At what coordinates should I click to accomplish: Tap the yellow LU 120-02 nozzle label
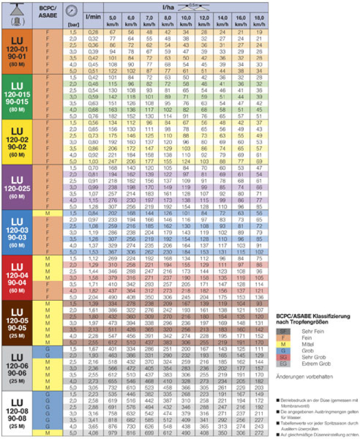click(x=17, y=139)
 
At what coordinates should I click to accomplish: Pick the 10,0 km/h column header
click(x=187, y=21)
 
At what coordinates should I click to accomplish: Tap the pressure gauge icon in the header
click(x=71, y=11)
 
